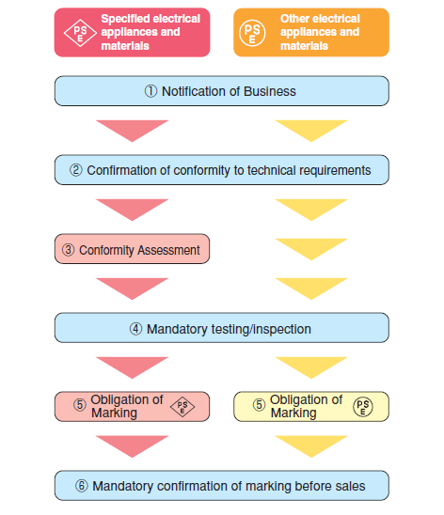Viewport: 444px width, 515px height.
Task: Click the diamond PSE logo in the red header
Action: tap(80, 33)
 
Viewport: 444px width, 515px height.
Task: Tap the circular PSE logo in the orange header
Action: tap(252, 33)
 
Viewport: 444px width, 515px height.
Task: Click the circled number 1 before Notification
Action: tap(151, 91)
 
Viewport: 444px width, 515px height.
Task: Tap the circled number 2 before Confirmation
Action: tap(76, 170)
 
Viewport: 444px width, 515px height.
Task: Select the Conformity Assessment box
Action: tap(132, 249)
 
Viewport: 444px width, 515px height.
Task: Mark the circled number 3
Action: tap(69, 250)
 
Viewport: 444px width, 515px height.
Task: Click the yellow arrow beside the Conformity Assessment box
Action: tap(311, 249)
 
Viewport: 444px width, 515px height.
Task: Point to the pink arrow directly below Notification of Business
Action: tap(132, 131)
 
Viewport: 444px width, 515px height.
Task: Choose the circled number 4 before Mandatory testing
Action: tap(135, 329)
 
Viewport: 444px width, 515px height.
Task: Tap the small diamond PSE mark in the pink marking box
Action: tap(182, 407)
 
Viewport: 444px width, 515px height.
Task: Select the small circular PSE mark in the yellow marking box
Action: tap(363, 407)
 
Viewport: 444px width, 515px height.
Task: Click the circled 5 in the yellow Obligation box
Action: tap(259, 405)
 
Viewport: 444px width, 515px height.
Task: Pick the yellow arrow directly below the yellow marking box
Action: tap(311, 446)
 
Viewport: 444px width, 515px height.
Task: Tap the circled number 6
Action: tap(82, 486)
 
